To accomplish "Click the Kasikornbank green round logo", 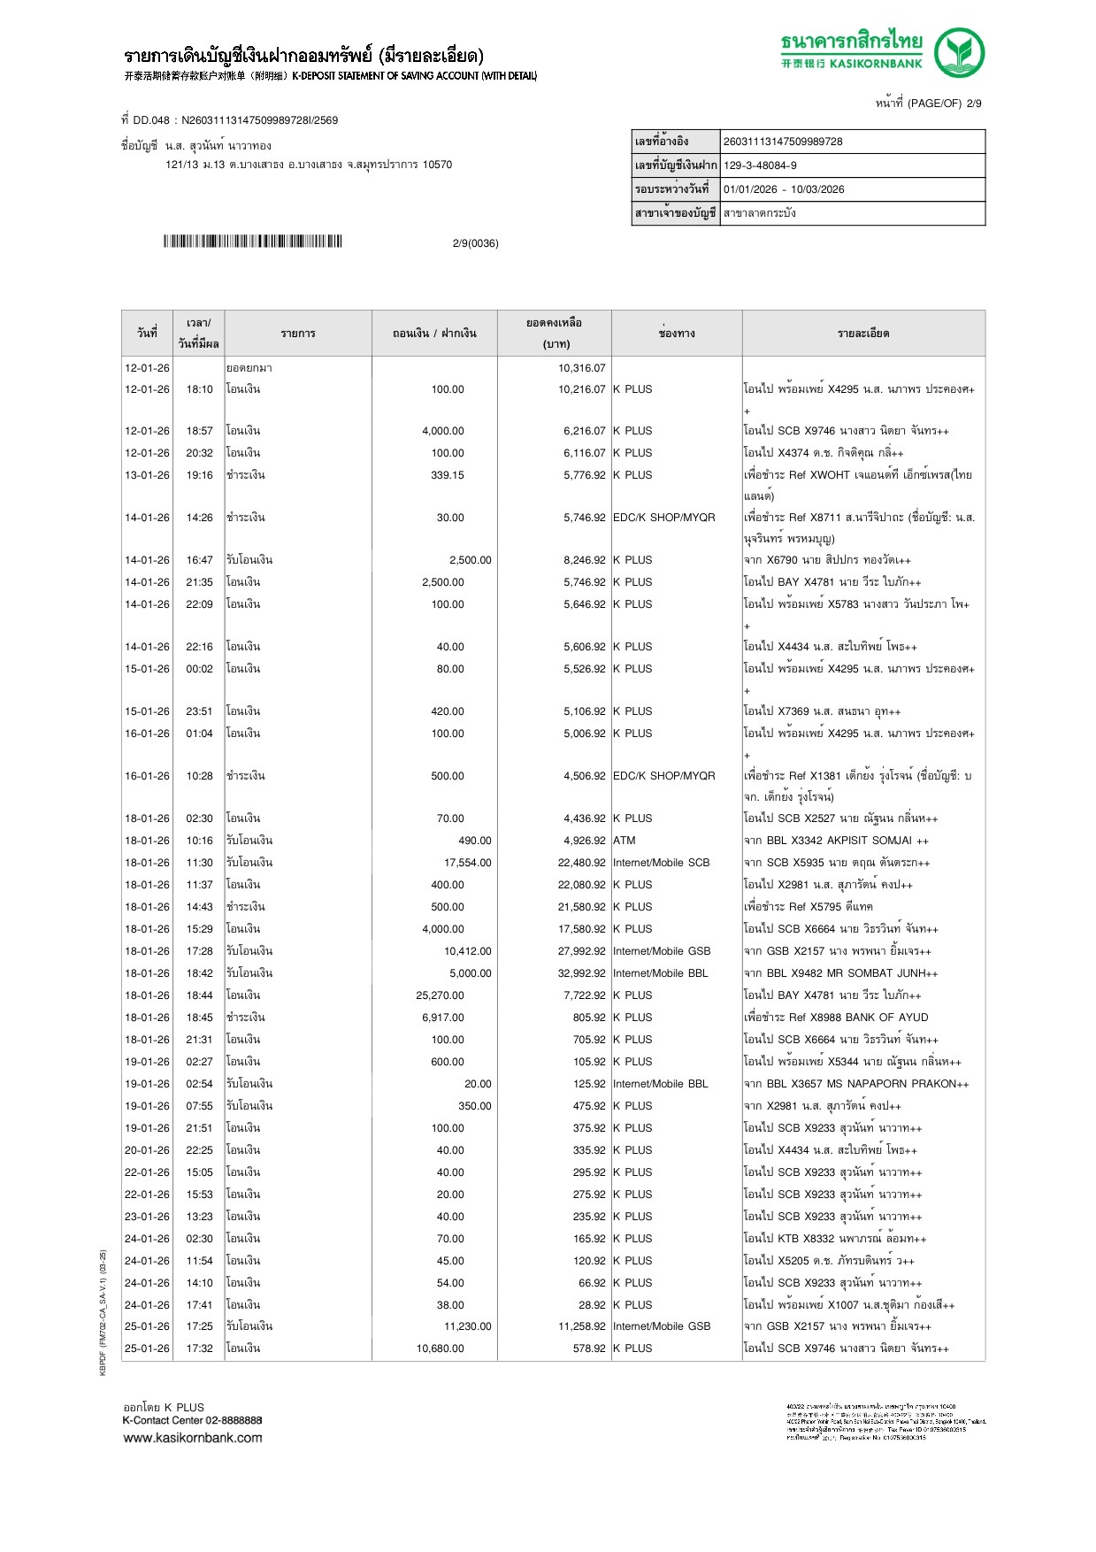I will click(960, 52).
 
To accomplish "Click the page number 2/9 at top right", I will click(973, 104).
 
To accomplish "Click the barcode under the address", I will click(252, 242).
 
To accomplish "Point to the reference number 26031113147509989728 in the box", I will click(783, 142).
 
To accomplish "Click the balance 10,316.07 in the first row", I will click(581, 368).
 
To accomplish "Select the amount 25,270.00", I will click(440, 995).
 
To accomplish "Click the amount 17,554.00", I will click(467, 863).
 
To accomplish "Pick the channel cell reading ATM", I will click(625, 841).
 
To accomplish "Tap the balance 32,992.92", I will click(581, 973).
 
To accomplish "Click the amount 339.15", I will click(447, 475).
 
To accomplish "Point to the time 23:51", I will click(199, 711).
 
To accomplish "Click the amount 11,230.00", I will click(467, 1326).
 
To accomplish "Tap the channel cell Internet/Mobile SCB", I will click(661, 863).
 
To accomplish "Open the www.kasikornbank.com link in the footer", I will click(193, 1438).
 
